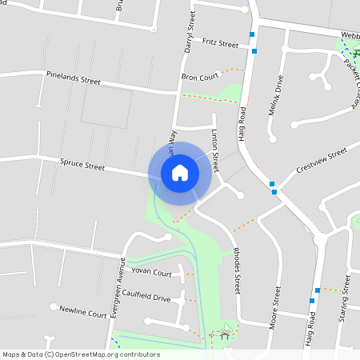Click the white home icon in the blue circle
(180, 173)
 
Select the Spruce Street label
(82, 166)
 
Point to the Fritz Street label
(220, 42)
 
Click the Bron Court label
(200, 77)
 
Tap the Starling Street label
(346, 295)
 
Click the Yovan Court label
(152, 273)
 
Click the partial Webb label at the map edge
(350, 35)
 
